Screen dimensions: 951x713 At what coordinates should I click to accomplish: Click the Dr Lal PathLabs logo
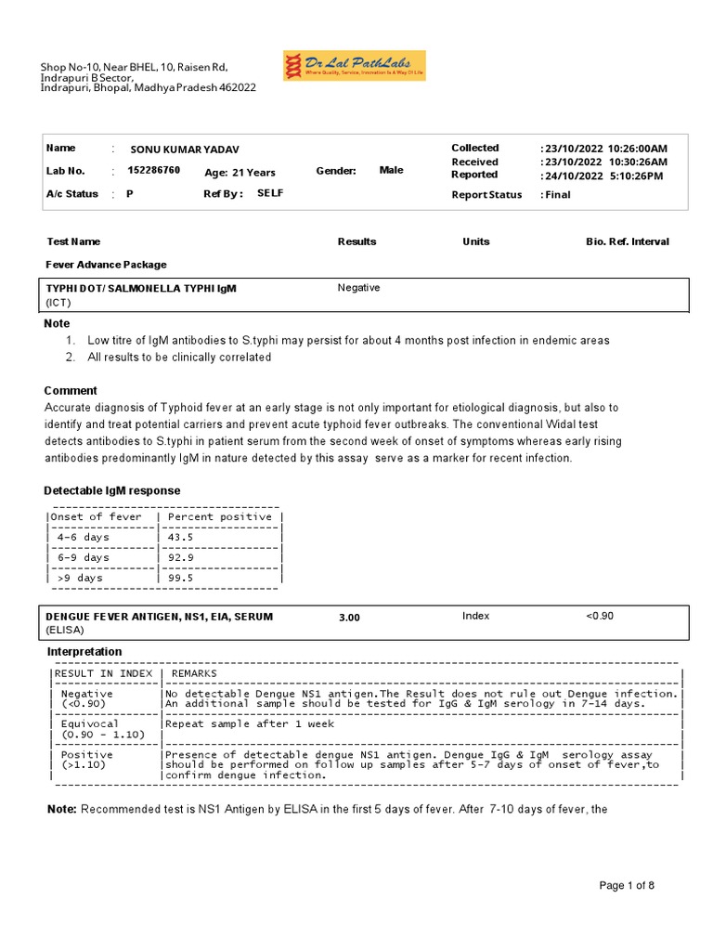pyautogui.click(x=354, y=66)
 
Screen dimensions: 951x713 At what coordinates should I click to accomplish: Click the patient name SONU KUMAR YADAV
pyautogui.click(x=190, y=150)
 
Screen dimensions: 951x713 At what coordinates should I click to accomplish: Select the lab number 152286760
pyautogui.click(x=153, y=171)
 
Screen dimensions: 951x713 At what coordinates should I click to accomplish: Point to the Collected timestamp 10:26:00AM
pyautogui.click(x=638, y=149)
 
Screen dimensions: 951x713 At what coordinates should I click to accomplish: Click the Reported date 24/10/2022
pyautogui.click(x=573, y=176)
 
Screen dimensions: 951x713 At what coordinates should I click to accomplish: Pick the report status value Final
pyautogui.click(x=558, y=195)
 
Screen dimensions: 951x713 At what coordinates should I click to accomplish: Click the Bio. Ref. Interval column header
pyautogui.click(x=627, y=241)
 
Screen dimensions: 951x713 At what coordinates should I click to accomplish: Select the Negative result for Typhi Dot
pyautogui.click(x=358, y=288)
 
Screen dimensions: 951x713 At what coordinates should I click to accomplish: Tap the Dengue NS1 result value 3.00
pyautogui.click(x=349, y=618)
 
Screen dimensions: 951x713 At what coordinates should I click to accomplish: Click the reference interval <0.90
pyautogui.click(x=599, y=616)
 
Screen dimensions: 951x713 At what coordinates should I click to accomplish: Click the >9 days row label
pyautogui.click(x=80, y=578)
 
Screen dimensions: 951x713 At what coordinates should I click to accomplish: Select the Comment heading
pyautogui.click(x=71, y=391)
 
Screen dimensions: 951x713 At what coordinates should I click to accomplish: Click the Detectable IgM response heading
pyautogui.click(x=112, y=490)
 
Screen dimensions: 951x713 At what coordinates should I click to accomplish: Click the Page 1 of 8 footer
pyautogui.click(x=627, y=886)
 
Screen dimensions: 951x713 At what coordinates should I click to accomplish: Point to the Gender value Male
pyautogui.click(x=392, y=171)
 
